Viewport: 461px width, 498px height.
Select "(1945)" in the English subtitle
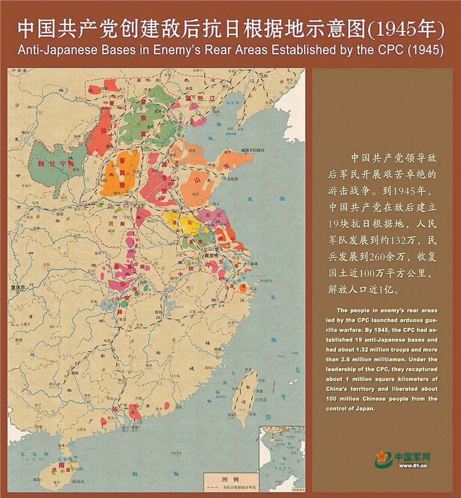[x=423, y=49]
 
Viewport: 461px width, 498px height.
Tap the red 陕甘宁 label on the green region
[x=51, y=163]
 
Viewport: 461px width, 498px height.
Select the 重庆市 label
[x=21, y=287]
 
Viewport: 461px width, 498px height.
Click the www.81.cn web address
[x=413, y=466]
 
